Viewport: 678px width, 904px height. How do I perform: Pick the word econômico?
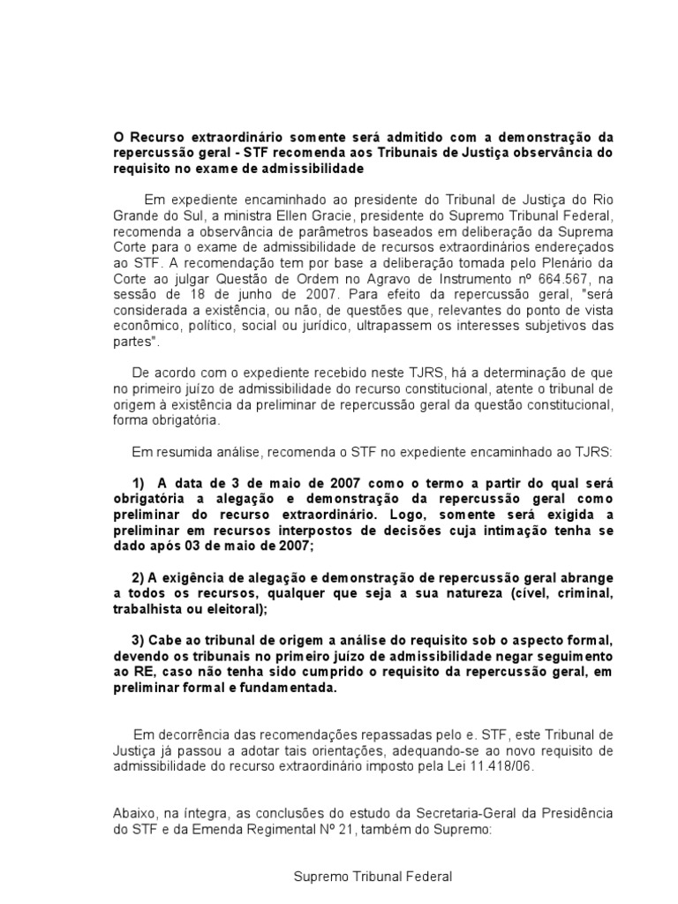(146, 327)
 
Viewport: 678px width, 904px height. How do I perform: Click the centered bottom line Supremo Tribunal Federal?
(373, 877)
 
